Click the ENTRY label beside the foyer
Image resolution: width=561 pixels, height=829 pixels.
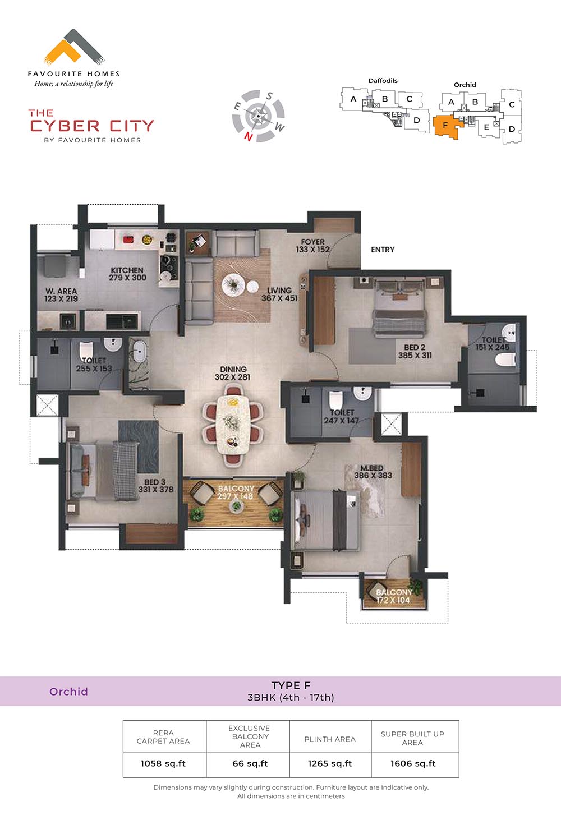coord(383,250)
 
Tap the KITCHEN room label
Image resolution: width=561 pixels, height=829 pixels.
coord(127,270)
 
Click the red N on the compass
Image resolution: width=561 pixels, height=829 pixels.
coord(249,137)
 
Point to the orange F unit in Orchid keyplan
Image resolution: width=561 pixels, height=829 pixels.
coord(448,126)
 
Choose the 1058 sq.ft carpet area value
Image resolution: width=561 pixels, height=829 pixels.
coord(163,763)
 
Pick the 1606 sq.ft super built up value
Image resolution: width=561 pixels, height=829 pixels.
coord(413,763)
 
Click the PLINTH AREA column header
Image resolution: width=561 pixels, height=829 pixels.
coord(330,739)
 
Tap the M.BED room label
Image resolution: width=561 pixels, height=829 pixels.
coord(372,468)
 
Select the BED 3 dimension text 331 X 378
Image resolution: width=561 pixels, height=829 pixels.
coord(156,490)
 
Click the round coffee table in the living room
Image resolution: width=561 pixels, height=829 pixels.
coord(233,285)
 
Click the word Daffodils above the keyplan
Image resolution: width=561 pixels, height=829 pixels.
coord(383,81)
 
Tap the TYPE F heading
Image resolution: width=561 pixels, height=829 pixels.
coord(291,685)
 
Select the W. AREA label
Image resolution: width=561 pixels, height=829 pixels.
coord(61,291)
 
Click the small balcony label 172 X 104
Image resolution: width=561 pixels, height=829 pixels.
coord(393,600)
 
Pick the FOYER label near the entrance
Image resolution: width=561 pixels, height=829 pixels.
coord(312,242)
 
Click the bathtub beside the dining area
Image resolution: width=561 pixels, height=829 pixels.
coord(140,351)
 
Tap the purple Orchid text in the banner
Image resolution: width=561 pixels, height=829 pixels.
coord(69,692)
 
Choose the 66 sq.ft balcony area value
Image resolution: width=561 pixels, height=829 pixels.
coord(250,763)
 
